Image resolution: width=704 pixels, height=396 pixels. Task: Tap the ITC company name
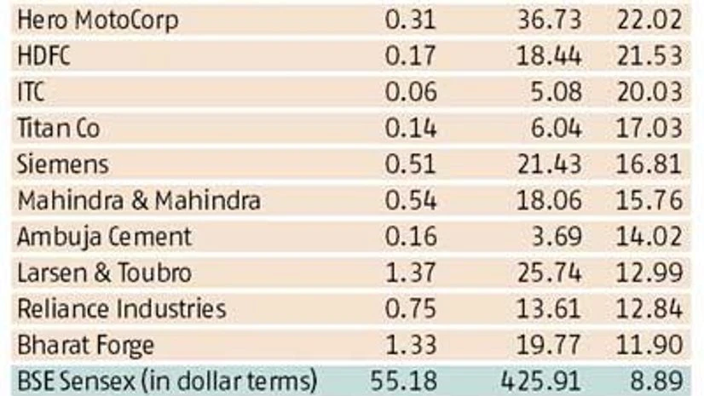[x=31, y=92]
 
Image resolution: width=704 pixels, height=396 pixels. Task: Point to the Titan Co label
[x=58, y=128]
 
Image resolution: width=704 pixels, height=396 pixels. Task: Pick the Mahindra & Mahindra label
[x=139, y=200]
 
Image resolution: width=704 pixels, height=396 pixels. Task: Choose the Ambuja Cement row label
[x=104, y=236]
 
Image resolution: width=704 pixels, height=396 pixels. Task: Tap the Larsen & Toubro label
[x=104, y=273]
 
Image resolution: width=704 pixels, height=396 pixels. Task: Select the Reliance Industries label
[x=122, y=308]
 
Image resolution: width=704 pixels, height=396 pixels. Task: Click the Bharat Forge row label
[x=85, y=345]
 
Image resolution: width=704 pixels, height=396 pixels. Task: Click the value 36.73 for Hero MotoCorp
[x=550, y=20]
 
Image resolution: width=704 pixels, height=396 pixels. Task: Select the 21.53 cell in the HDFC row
[x=650, y=56]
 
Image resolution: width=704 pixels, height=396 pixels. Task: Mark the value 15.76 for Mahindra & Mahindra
[x=650, y=200]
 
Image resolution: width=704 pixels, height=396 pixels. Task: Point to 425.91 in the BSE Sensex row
[x=543, y=381]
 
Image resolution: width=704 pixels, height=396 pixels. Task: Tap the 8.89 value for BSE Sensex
[x=657, y=381]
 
